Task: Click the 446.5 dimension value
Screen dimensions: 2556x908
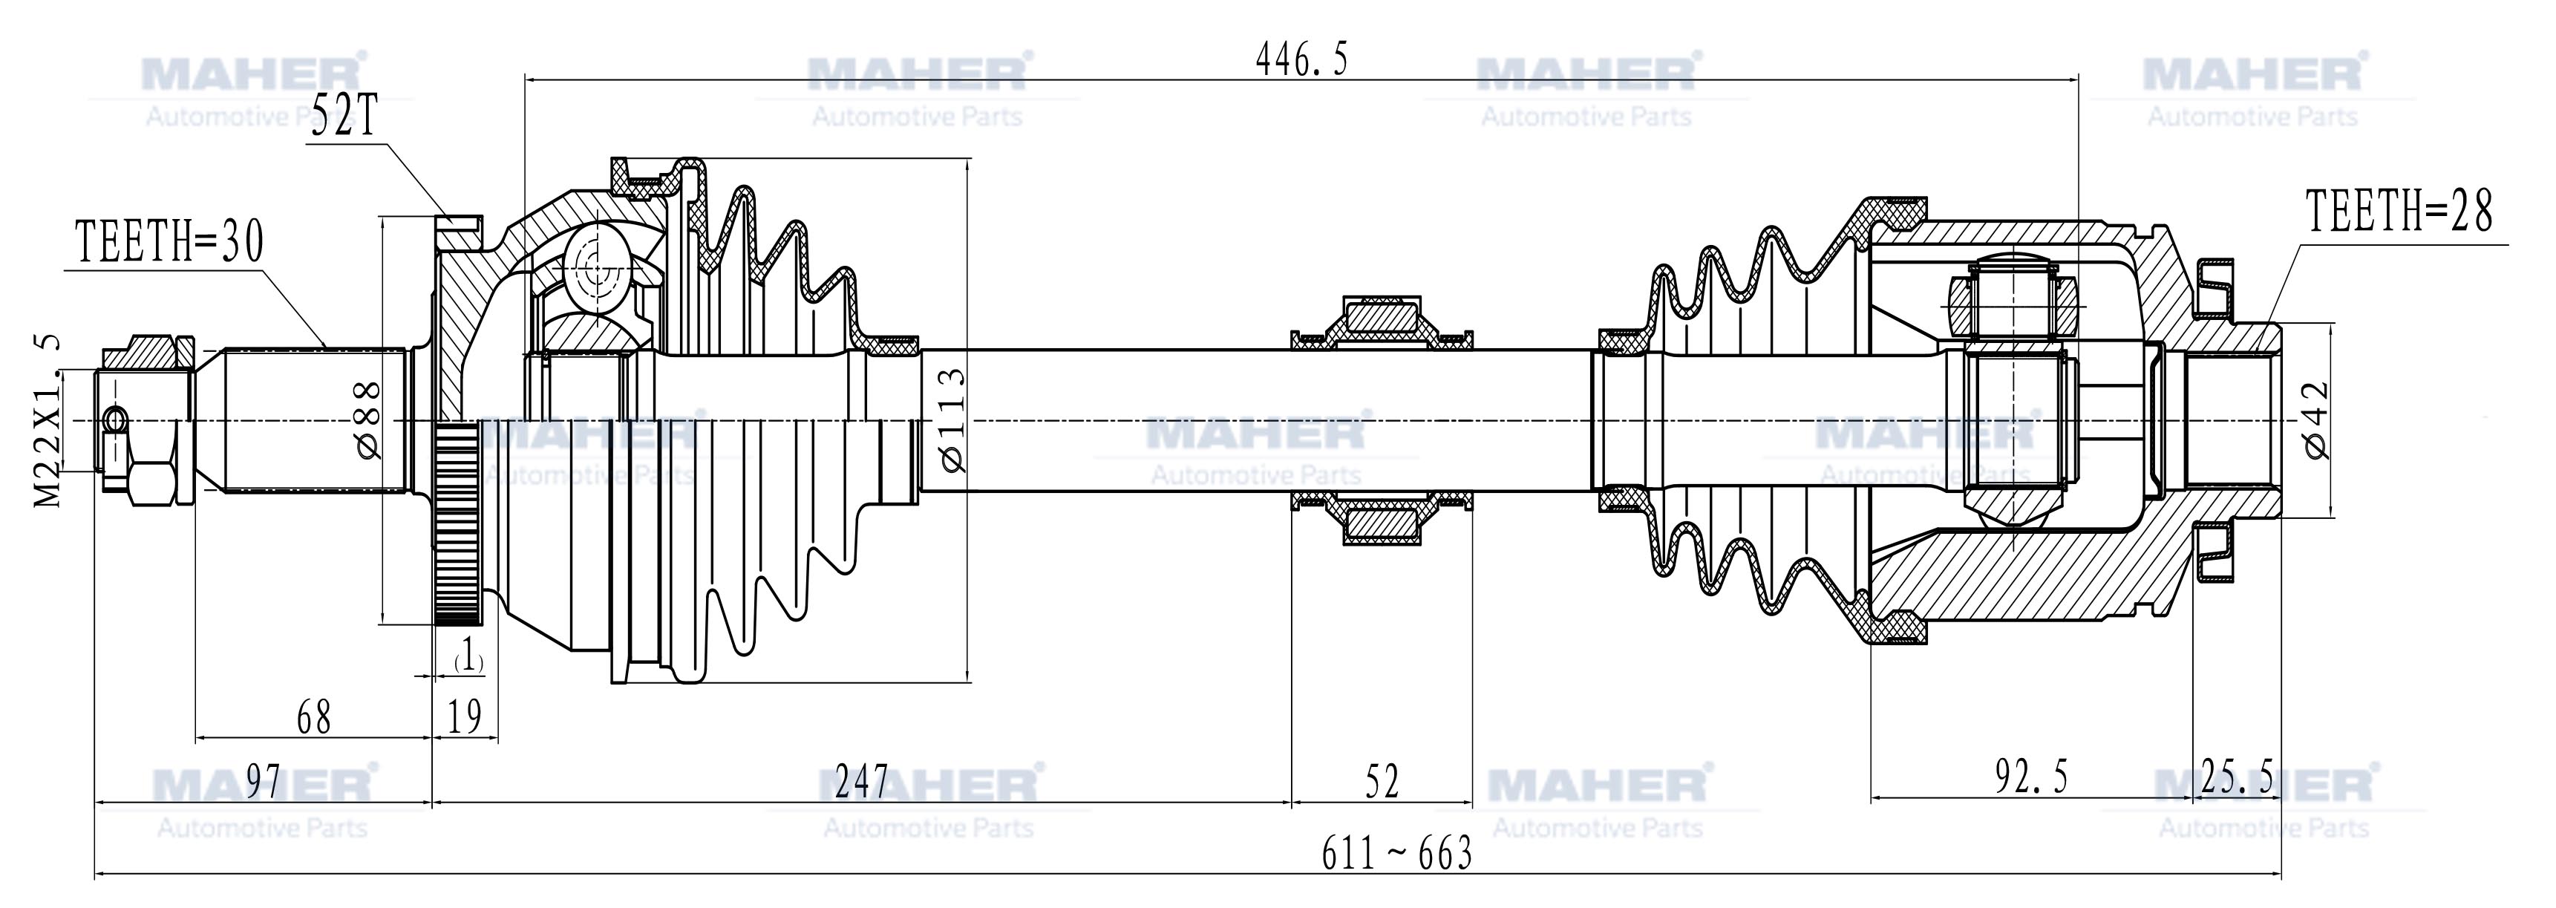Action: (x=1302, y=61)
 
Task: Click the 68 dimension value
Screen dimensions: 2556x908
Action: (x=313, y=716)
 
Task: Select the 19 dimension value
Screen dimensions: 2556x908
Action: (x=465, y=716)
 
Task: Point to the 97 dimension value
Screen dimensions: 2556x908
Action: (x=263, y=781)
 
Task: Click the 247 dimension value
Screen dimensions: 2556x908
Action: (x=861, y=781)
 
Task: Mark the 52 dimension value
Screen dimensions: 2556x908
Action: (x=1382, y=781)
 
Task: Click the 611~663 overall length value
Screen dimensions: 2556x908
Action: (x=1396, y=853)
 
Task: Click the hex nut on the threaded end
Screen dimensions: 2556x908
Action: (x=154, y=483)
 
